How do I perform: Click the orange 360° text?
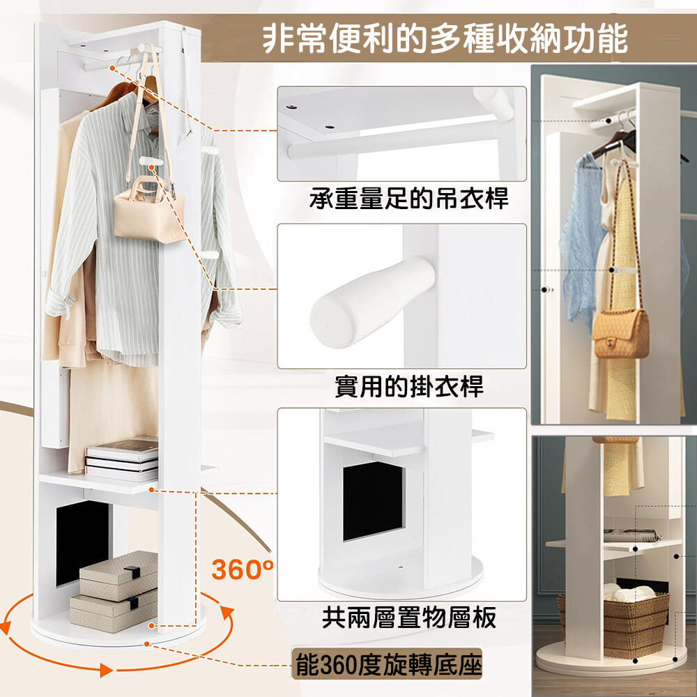click(243, 569)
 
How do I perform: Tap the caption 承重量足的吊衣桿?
click(409, 199)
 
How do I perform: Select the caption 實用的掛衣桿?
click(409, 387)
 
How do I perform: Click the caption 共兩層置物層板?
click(409, 618)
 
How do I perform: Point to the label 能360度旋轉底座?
click(388, 665)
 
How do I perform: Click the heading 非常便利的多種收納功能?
click(445, 39)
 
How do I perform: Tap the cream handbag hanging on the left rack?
click(149, 210)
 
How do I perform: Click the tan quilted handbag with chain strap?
click(620, 333)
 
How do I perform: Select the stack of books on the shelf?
click(121, 459)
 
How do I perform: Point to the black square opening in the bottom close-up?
click(374, 500)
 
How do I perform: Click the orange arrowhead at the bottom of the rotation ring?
click(106, 670)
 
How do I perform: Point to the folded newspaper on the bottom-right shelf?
click(631, 535)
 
